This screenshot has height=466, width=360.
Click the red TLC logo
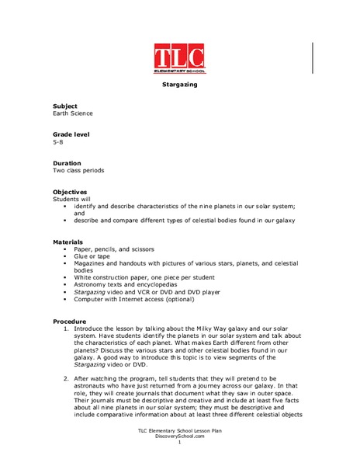[x=180, y=59]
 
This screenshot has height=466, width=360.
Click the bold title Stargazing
[x=179, y=83]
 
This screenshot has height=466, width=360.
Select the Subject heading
[x=65, y=106]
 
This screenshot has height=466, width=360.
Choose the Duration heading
[x=67, y=163]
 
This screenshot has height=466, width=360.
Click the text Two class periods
[x=78, y=171]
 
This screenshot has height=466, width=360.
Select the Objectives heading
[x=70, y=192]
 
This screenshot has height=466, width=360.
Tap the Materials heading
[x=68, y=242]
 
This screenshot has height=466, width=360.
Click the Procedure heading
[x=70, y=321]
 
